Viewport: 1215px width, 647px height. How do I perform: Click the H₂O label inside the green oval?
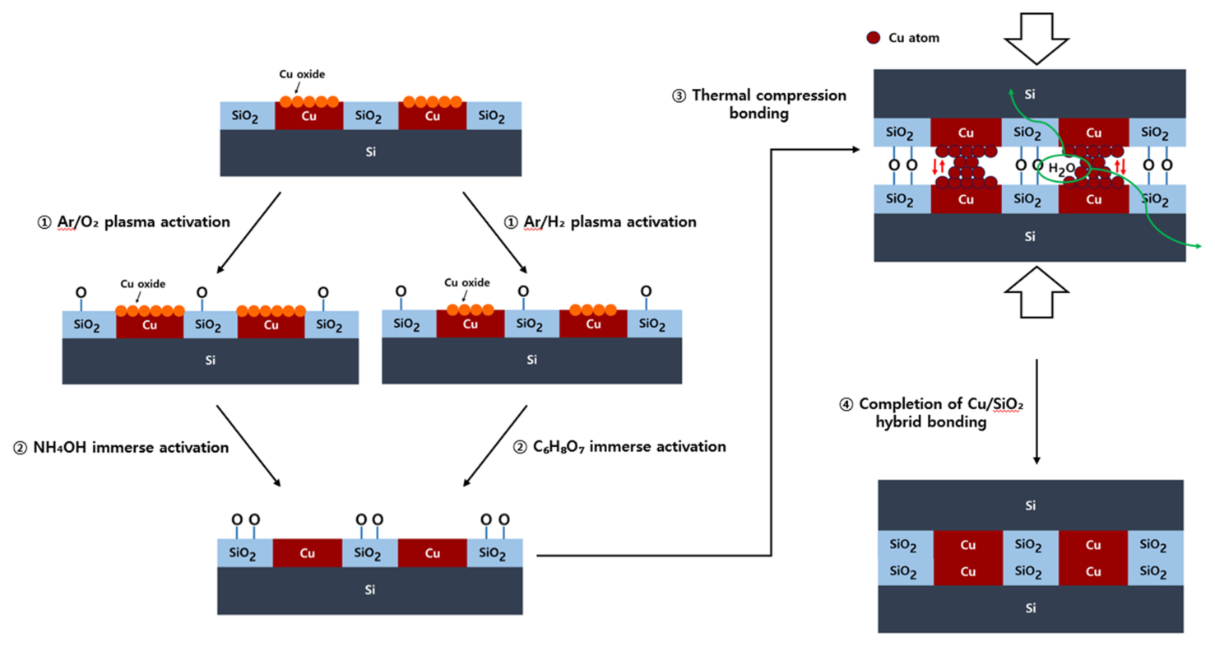(1064, 169)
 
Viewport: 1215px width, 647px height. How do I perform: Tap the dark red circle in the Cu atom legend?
(874, 37)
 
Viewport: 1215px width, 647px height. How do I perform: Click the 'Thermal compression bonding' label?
(759, 105)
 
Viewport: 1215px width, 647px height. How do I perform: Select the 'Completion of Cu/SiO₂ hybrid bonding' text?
(925, 411)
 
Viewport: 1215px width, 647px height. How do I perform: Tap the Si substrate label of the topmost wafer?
(370, 151)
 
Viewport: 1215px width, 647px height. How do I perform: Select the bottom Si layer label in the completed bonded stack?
(1031, 608)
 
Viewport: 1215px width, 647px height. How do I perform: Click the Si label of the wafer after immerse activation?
(370, 589)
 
